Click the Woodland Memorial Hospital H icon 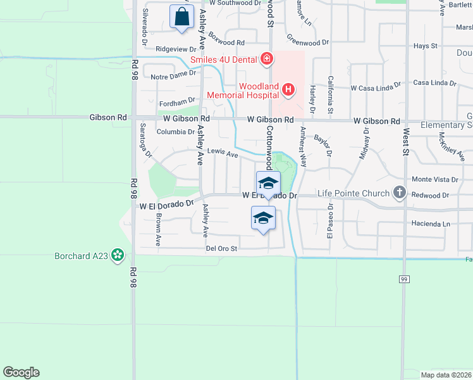pos(288,89)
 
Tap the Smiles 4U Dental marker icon pos(267,60)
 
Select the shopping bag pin pos(181,16)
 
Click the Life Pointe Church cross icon pos(399,191)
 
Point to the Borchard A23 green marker pos(117,255)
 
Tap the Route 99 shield pos(403,279)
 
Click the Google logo pos(21,372)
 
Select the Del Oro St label pos(221,248)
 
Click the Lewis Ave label pos(223,153)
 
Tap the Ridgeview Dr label pos(176,48)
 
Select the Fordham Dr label pos(178,101)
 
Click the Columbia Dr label pos(175,132)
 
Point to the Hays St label pos(425,46)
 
